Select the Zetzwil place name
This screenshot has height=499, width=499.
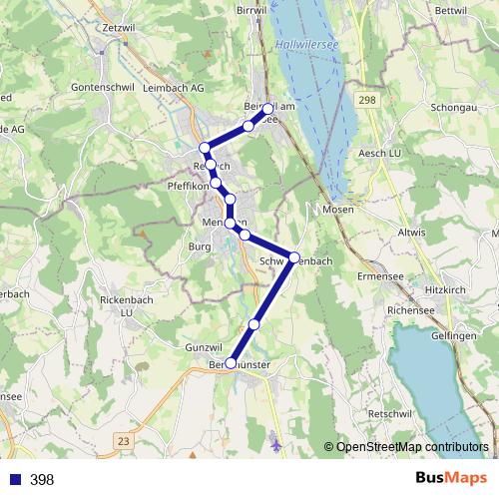[x=117, y=28]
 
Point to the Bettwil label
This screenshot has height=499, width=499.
[x=451, y=10]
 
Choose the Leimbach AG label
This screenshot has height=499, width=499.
[x=175, y=88]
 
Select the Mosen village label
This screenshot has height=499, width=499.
[x=339, y=211]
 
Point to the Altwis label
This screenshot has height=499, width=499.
[x=413, y=231]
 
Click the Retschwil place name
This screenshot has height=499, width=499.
[x=389, y=413]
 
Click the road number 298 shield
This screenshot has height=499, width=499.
[x=369, y=100]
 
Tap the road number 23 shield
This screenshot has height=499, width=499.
[x=123, y=439]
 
